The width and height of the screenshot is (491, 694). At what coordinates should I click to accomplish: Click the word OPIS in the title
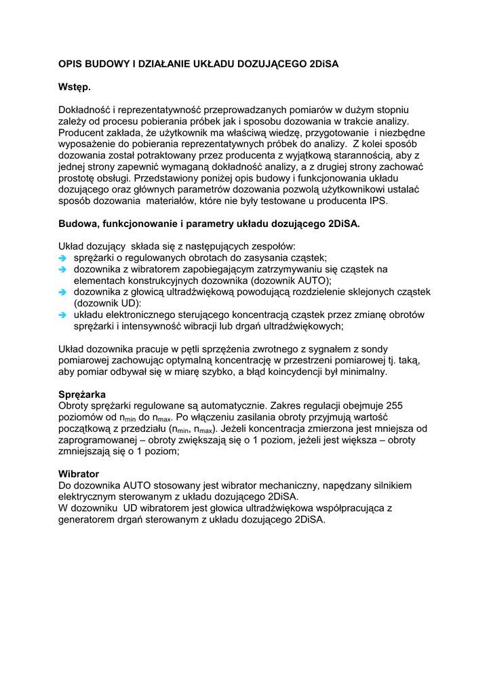[x=70, y=64]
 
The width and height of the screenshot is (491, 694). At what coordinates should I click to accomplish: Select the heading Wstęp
[x=74, y=87]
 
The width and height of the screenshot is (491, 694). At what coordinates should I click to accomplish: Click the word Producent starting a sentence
[x=83, y=133]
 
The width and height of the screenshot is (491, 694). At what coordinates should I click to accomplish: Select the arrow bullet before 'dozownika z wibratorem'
[x=62, y=269]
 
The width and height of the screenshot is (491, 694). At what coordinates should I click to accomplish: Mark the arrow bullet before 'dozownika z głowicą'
[x=62, y=292]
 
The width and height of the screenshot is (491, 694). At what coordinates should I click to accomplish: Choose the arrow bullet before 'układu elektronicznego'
[x=62, y=315]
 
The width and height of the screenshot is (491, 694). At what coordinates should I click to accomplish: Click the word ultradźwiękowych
[x=300, y=326]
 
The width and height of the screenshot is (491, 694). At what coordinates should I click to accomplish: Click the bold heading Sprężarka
[x=82, y=394]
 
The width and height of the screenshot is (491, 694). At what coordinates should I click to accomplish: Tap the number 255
[x=393, y=406]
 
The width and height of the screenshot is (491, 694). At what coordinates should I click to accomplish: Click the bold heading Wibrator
[x=79, y=474]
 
